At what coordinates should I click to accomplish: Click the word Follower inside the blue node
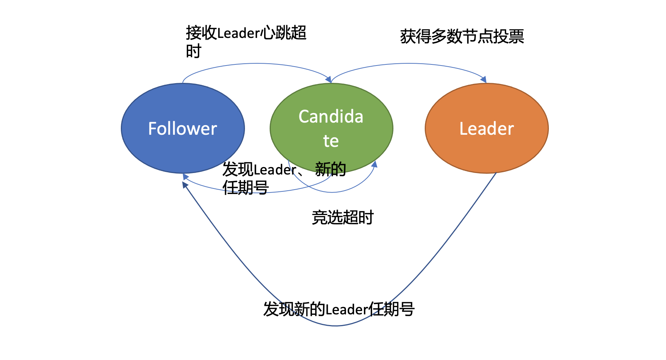[182, 129]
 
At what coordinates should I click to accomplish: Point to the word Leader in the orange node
[486, 129]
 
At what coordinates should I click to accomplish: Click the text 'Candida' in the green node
[331, 117]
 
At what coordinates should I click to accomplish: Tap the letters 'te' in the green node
[331, 141]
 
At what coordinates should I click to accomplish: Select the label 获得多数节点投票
[462, 36]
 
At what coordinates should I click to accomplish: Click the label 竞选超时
[343, 218]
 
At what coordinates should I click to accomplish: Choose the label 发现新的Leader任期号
[339, 309]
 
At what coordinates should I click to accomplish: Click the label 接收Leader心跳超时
[246, 33]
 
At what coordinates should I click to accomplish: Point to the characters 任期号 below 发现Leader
[246, 188]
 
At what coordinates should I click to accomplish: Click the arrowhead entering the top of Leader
[484, 80]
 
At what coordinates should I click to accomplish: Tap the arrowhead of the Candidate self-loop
[374, 164]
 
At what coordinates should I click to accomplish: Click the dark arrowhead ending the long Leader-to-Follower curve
[185, 184]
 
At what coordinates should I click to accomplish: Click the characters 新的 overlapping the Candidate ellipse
[330, 169]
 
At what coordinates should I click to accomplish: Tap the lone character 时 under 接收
[193, 51]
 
